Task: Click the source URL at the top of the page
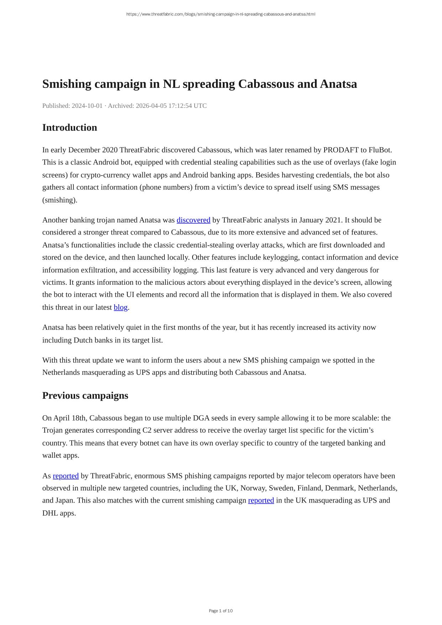(x=221, y=14)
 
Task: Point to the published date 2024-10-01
(x=87, y=106)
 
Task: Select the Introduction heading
(x=69, y=127)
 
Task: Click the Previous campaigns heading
(x=85, y=395)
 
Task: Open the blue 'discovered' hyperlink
(x=193, y=220)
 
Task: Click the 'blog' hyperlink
(x=121, y=307)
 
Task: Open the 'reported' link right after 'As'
(x=65, y=476)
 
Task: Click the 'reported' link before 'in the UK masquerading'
(x=261, y=500)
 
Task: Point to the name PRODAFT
(x=341, y=150)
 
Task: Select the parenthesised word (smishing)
(x=60, y=200)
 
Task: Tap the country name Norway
(x=252, y=488)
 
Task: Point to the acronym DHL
(x=50, y=513)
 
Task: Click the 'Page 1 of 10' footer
(x=221, y=611)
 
